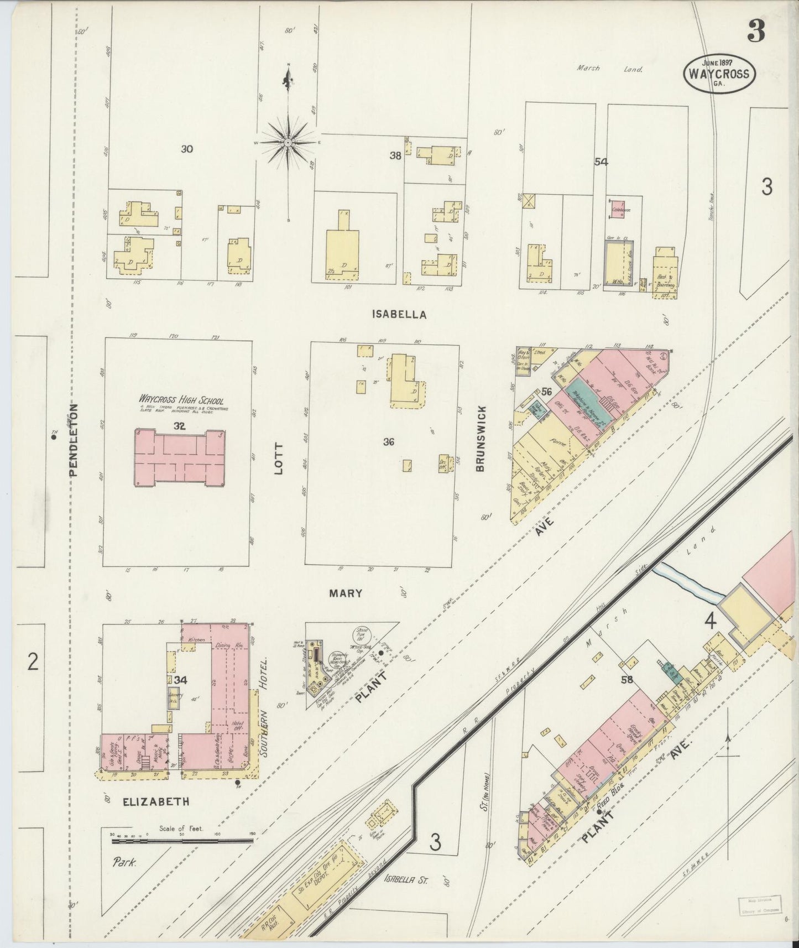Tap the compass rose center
(x=288, y=143)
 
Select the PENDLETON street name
(x=74, y=439)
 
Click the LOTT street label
(x=278, y=458)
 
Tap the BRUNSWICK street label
(x=480, y=439)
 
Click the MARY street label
(x=346, y=593)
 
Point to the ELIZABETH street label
(x=156, y=801)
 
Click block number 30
(x=187, y=149)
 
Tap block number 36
(x=389, y=441)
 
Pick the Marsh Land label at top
(x=609, y=69)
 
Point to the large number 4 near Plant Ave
(x=710, y=621)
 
